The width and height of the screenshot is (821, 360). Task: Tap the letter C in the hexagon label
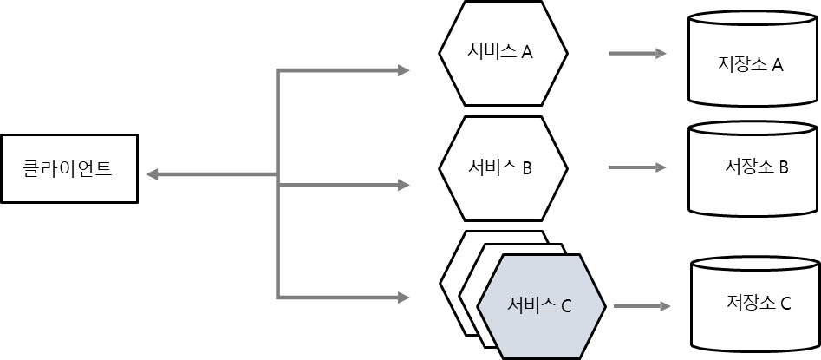[566, 307]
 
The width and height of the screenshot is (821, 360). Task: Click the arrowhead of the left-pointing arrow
[151, 174]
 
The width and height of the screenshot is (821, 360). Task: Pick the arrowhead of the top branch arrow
[404, 70]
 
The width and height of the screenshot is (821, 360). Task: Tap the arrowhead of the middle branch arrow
[404, 185]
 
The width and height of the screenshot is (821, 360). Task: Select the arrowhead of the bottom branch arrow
[404, 298]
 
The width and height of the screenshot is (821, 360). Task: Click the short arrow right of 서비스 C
[642, 306]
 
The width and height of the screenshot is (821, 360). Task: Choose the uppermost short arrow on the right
[637, 54]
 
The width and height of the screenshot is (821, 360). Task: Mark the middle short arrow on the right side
[637, 167]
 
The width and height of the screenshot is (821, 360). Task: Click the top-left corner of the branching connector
[277, 70]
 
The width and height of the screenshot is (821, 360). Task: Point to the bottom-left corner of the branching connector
[277, 298]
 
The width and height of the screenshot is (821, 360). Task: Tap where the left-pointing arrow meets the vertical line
[277, 174]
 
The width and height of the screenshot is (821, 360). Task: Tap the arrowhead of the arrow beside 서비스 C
[666, 306]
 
